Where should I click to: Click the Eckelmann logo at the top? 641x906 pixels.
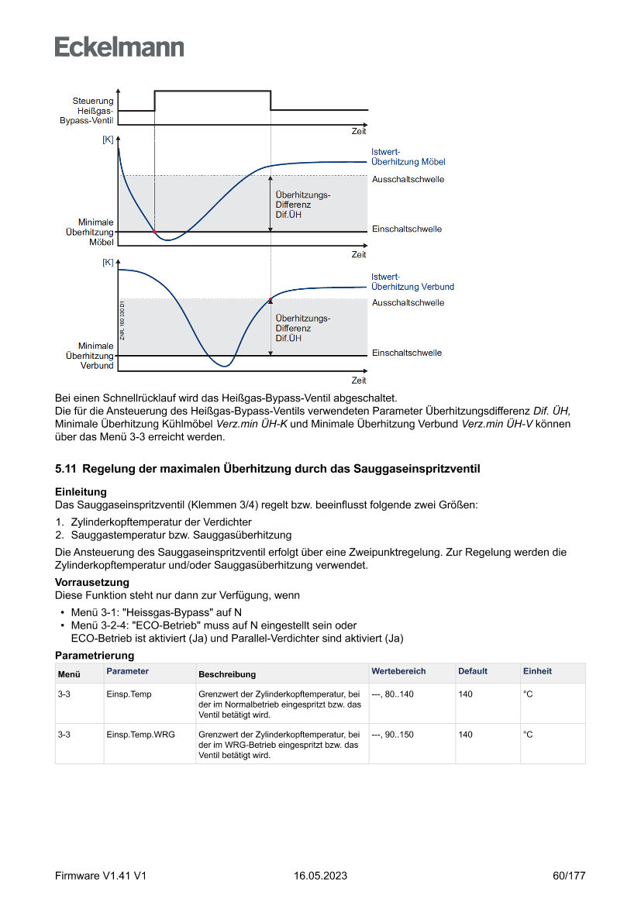coord(119,47)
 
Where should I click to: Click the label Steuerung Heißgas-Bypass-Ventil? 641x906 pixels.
coord(87,111)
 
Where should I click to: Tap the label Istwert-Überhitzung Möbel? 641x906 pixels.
coord(408,157)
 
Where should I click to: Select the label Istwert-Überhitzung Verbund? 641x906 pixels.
coord(412,282)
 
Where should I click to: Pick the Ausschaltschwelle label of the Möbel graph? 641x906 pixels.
coord(408,179)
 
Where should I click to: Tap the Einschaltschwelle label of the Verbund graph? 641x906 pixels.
coord(406,353)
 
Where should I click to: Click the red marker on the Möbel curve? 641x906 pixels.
coord(154,232)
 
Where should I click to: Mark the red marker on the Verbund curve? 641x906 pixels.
coord(271,299)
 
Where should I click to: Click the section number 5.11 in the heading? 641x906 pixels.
coord(66,469)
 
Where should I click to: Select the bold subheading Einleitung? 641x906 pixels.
coord(81,492)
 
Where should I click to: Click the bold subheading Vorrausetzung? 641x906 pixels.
coord(91,582)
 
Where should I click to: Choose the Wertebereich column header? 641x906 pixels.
coord(398,671)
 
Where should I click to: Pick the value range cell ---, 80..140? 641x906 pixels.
coord(392,694)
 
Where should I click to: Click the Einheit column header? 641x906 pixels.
coord(537,671)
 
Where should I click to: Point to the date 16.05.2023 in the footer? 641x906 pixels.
coord(320,876)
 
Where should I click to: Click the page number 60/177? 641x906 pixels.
coord(569,876)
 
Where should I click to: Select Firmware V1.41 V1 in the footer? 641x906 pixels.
coord(101,876)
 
